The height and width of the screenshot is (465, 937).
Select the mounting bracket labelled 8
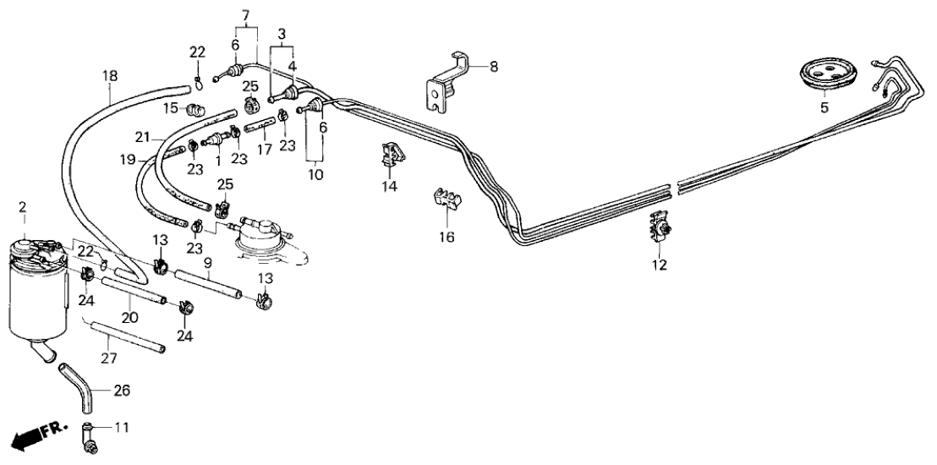[446, 82]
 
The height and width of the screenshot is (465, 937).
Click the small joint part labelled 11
[89, 435]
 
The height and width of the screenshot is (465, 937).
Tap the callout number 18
[110, 75]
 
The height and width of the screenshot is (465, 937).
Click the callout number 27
[109, 358]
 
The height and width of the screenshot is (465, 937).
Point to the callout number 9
[207, 263]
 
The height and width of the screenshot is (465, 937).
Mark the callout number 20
[130, 318]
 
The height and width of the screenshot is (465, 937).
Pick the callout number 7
[246, 15]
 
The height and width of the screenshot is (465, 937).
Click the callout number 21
[143, 137]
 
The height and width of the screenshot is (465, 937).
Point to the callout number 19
[127, 158]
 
